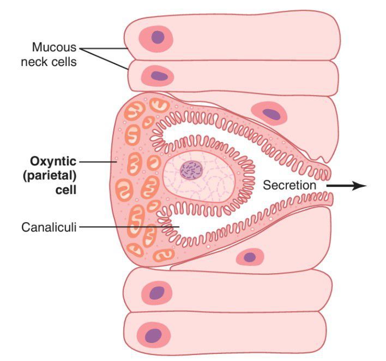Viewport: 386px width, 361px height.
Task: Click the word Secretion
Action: (289, 185)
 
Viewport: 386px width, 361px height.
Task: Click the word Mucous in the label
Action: (54, 47)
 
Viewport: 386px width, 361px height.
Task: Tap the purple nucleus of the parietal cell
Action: (191, 170)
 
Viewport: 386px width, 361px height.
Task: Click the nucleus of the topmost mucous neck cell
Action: (158, 37)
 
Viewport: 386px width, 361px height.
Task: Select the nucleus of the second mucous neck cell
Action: (159, 75)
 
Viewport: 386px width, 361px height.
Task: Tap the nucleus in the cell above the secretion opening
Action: (271, 114)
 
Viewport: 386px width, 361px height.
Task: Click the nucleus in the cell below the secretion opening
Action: (250, 256)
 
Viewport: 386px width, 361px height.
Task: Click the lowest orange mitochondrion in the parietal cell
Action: (163, 255)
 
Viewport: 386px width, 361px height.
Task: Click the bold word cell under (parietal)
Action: (63, 191)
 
